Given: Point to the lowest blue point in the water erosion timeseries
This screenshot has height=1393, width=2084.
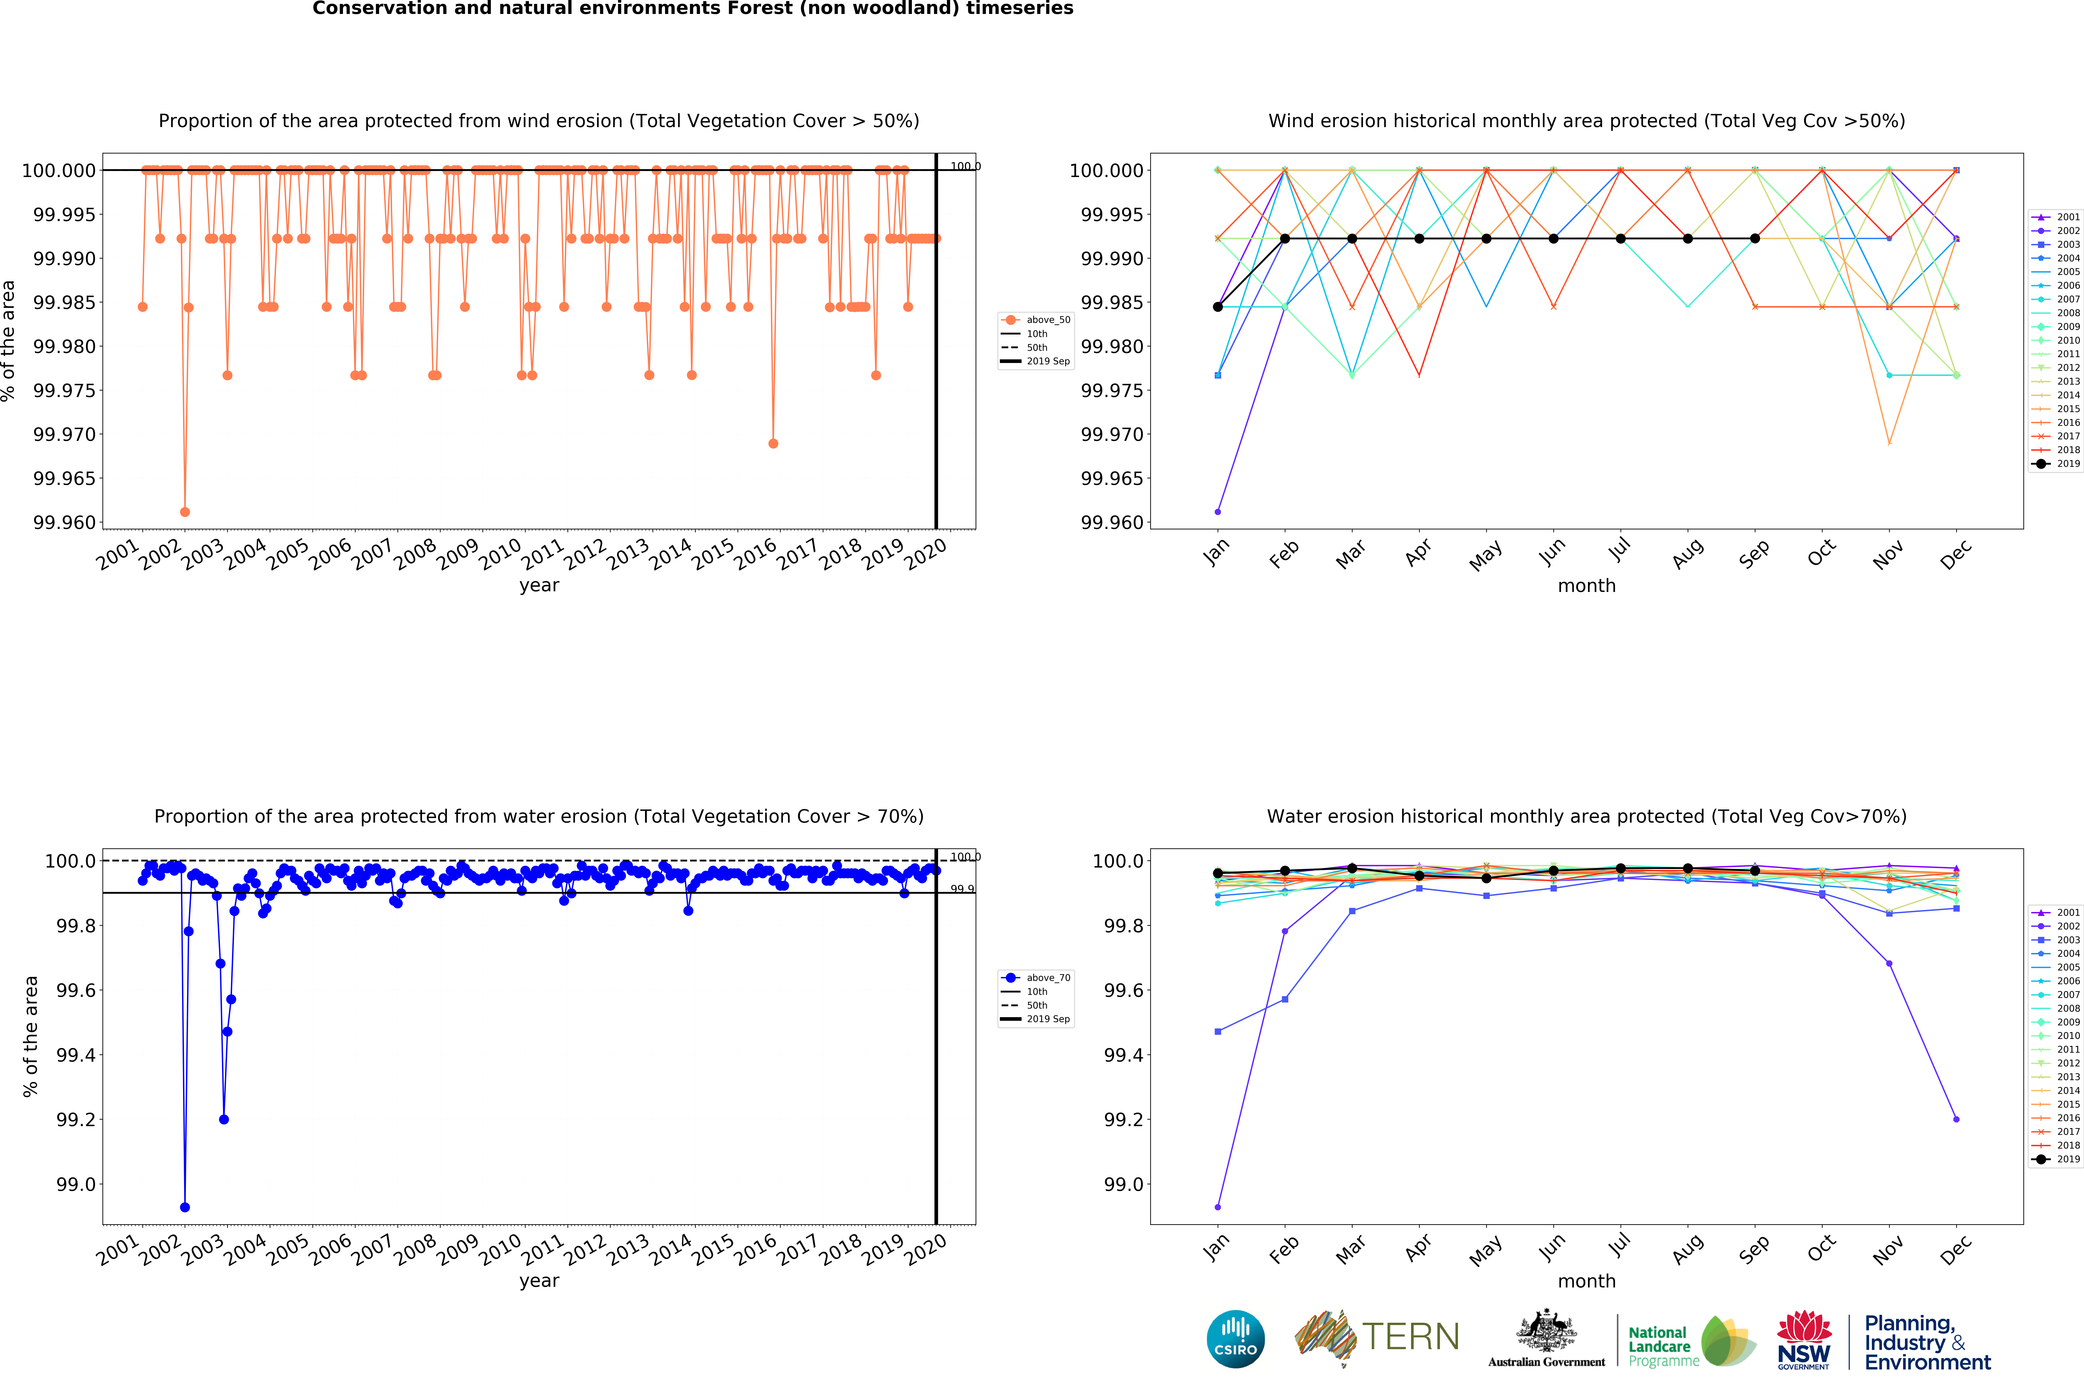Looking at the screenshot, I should coord(185,1207).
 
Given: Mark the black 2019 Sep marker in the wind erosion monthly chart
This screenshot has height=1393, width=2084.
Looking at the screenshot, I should coord(1754,238).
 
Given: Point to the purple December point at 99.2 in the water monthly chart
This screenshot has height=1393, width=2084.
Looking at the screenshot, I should coord(1956,1119).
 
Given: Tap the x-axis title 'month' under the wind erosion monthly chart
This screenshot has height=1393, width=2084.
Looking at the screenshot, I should coord(1586,585).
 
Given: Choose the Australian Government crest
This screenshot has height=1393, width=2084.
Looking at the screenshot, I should coord(1547,1330).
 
